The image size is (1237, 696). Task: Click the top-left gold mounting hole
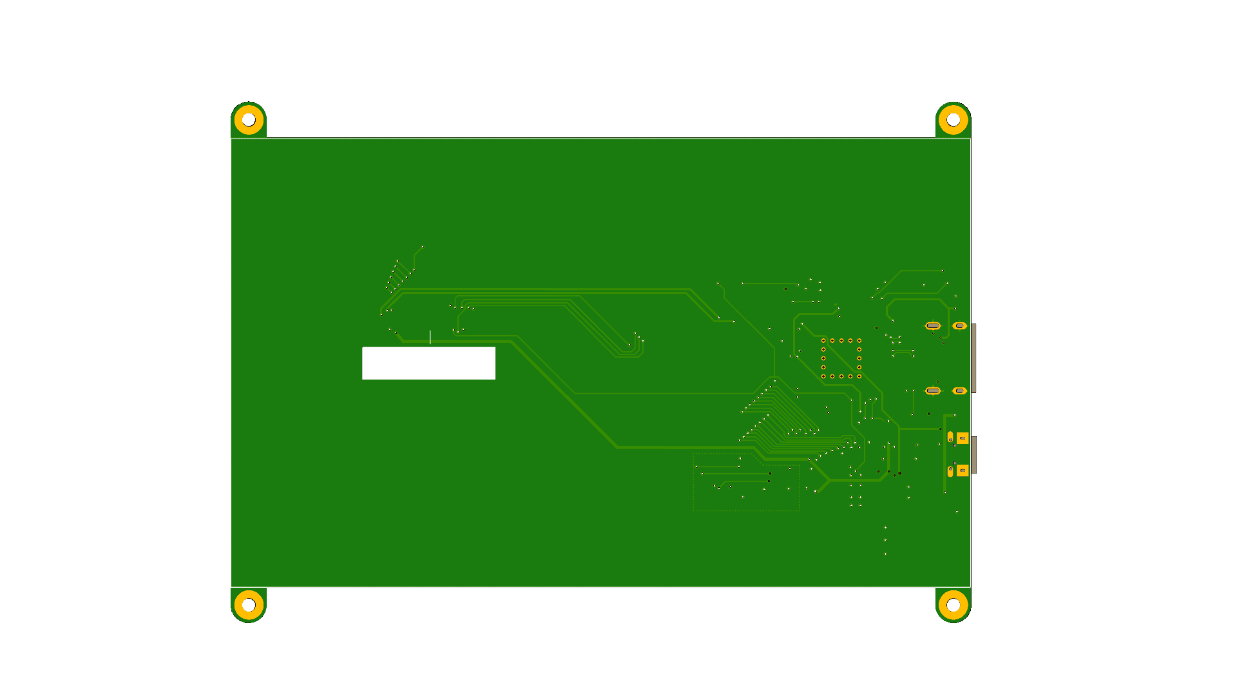(249, 120)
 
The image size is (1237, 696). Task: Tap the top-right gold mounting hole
(953, 120)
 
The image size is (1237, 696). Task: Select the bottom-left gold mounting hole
(249, 604)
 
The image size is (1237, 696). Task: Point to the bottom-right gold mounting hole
(953, 604)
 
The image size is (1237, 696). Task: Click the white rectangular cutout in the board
(428, 363)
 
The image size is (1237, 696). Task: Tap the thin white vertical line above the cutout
(430, 337)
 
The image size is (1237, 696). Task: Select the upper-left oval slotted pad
(932, 326)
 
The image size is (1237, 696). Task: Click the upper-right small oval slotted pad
(959, 326)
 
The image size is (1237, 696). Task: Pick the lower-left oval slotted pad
(932, 391)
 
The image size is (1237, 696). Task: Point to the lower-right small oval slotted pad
(959, 391)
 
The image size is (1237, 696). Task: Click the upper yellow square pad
(963, 438)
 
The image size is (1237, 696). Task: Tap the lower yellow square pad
(963, 470)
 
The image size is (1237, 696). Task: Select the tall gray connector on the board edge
(973, 358)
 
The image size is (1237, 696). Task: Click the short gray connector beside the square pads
(974, 454)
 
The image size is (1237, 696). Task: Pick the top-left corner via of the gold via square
(823, 340)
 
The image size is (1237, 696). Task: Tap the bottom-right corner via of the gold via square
(859, 376)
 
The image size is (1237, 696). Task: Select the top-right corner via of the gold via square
(859, 340)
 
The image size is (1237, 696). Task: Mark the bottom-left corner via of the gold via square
(823, 376)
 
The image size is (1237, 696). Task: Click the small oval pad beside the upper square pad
(950, 437)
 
